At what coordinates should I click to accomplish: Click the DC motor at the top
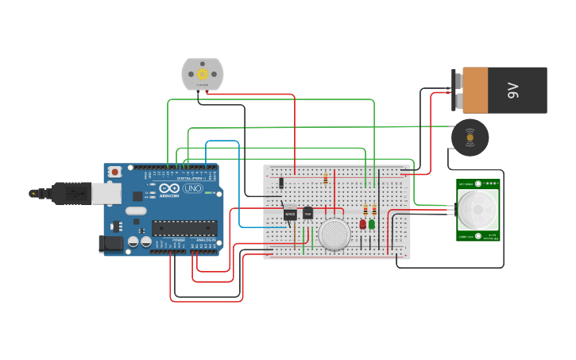202,74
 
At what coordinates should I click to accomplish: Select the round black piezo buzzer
470,137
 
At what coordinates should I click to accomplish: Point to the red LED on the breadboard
363,225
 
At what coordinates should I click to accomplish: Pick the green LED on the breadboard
372,225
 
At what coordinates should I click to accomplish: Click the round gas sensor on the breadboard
334,234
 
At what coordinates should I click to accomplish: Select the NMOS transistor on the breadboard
290,214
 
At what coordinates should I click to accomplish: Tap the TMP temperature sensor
307,213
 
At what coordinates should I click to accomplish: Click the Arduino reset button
115,171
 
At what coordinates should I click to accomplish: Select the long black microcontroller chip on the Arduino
184,228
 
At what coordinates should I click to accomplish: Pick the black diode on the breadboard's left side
281,184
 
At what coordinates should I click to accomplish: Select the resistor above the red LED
365,210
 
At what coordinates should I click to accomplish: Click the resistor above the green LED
374,210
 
